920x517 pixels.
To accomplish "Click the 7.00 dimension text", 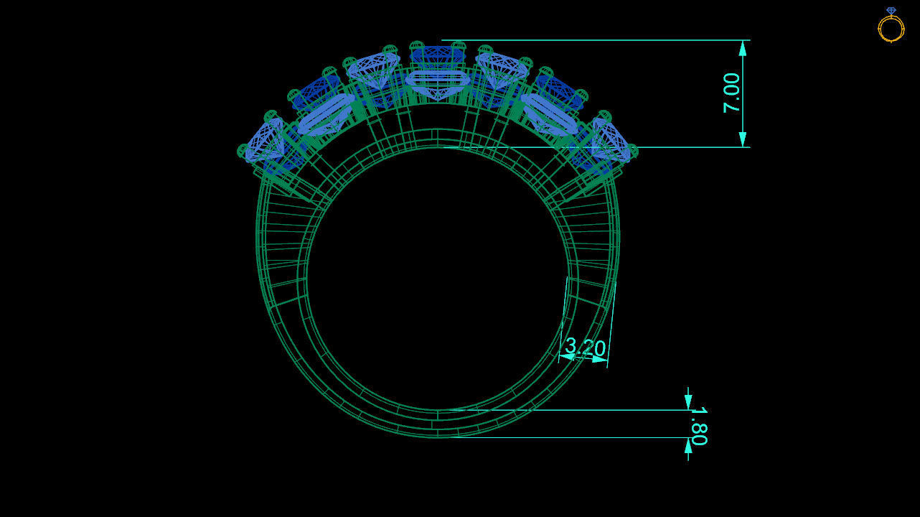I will pyautogui.click(x=731, y=93).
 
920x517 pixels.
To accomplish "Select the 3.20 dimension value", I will pyautogui.click(x=585, y=347).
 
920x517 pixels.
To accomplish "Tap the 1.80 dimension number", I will pyautogui.click(x=698, y=426).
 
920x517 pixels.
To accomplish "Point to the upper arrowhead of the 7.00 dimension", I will pyautogui.click(x=743, y=48).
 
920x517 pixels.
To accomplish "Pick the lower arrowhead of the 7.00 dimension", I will pyautogui.click(x=743, y=139).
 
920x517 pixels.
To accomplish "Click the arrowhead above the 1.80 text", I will pyautogui.click(x=688, y=402).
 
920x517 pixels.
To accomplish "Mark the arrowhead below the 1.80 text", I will pyautogui.click(x=688, y=446).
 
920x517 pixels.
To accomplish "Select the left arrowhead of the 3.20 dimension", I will pyautogui.click(x=567, y=355).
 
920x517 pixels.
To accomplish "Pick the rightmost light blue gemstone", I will pyautogui.click(x=611, y=141).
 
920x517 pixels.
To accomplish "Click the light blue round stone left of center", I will pyautogui.click(x=373, y=70).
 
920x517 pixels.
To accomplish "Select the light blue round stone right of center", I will pyautogui.click(x=502, y=70).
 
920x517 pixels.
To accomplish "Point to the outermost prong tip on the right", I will pyautogui.click(x=632, y=151).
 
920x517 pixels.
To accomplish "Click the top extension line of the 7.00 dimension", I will pyautogui.click(x=596, y=40).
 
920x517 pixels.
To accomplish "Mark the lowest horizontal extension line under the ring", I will pyautogui.click(x=574, y=437).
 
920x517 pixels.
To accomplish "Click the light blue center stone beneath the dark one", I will pyautogui.click(x=437, y=80).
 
